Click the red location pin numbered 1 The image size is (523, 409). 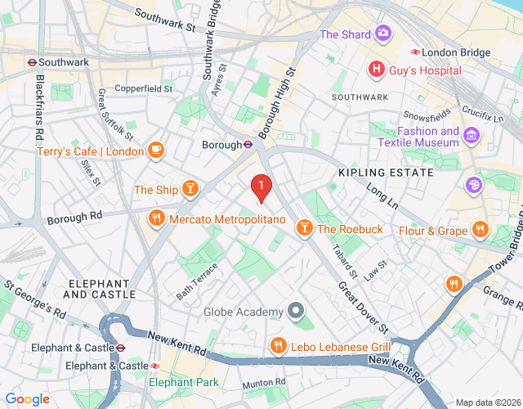tap(261, 188)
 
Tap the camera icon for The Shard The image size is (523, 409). tap(382, 34)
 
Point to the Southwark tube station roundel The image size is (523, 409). tap(28, 61)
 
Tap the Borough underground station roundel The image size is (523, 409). tap(246, 145)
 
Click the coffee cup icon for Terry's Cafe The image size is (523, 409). tap(155, 150)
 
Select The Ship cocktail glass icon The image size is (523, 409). tap(190, 190)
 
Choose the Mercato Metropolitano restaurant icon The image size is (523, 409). tap(155, 218)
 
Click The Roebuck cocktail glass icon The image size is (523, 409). tap(304, 228)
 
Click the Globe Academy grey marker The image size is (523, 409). tap(296, 312)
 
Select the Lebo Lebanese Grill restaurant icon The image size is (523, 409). tap(279, 346)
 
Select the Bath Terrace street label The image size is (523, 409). tap(197, 280)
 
